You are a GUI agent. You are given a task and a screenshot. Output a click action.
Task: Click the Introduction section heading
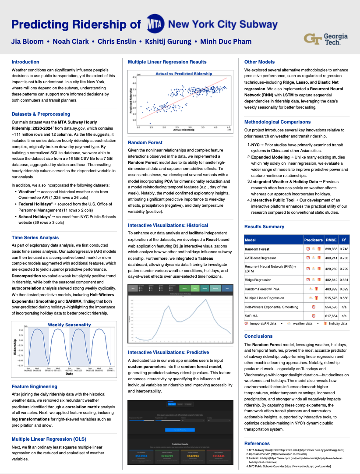click(25, 62)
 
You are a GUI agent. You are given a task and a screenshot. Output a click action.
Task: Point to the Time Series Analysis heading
click(35, 237)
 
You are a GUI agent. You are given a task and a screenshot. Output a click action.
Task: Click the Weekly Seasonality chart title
click(69, 325)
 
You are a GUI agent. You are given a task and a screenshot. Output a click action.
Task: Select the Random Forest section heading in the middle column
click(145, 142)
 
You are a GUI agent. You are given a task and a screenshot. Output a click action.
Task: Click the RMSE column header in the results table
click(331, 240)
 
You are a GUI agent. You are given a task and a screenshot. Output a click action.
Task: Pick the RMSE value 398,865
click(331, 249)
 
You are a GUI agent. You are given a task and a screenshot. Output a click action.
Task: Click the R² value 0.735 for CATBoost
click(344, 258)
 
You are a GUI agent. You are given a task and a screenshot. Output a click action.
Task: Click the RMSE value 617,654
click(331, 315)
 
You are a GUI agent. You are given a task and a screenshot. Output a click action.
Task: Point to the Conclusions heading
click(258, 336)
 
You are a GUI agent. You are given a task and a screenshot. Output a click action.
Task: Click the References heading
click(257, 443)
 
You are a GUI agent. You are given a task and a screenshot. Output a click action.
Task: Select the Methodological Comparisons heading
click(277, 122)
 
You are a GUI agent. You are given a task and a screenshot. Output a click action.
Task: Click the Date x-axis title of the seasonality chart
click(69, 374)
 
